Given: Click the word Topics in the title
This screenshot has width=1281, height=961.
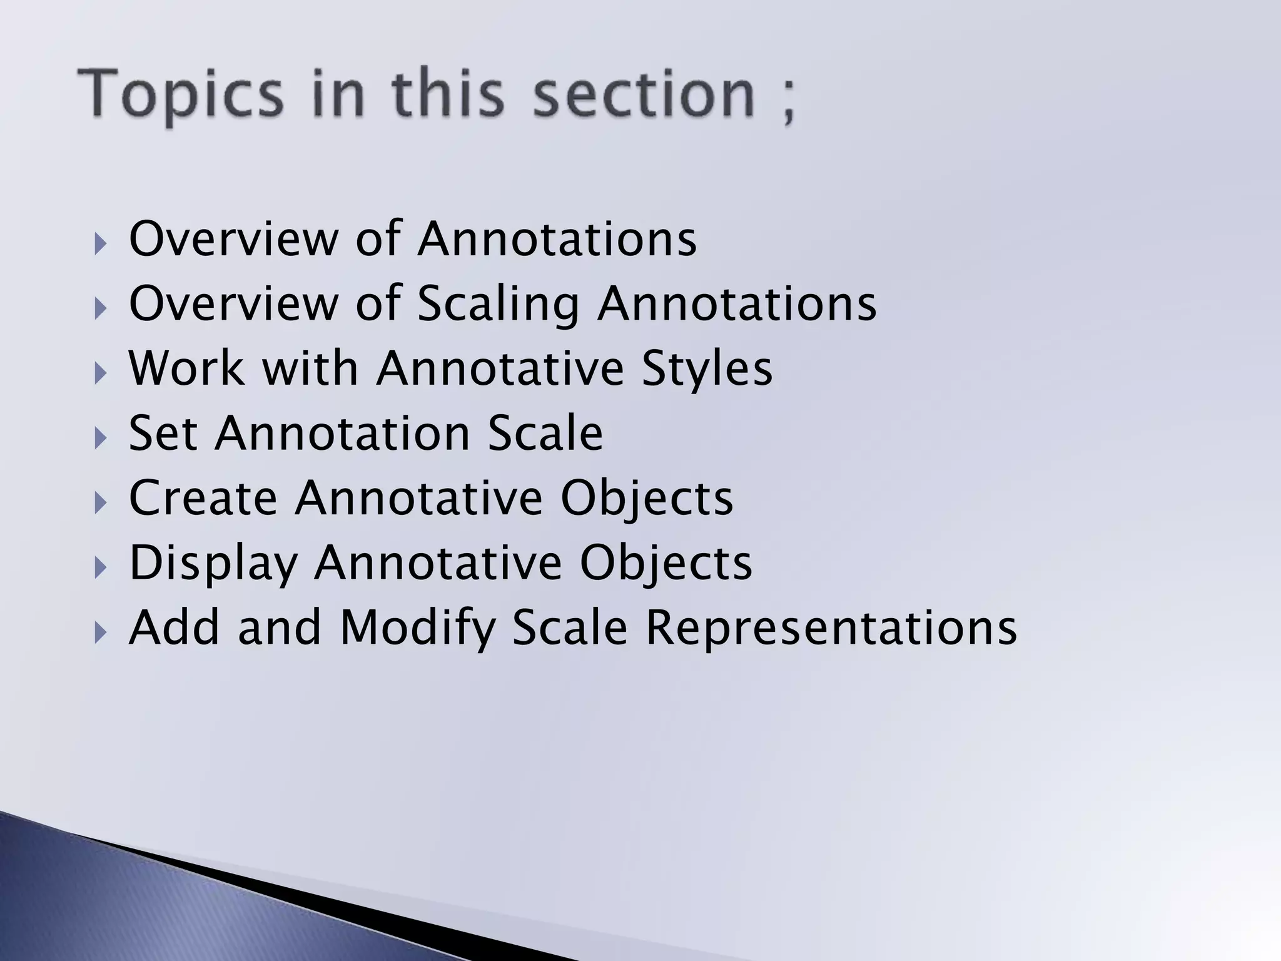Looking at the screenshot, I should click(x=181, y=96).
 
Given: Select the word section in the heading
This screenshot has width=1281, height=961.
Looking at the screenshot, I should click(x=644, y=94).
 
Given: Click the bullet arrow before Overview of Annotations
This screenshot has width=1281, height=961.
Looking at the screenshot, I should click(x=100, y=243).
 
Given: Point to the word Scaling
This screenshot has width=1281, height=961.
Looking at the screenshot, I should click(x=498, y=305).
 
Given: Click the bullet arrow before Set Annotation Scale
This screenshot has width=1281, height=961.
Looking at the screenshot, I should click(x=100, y=437).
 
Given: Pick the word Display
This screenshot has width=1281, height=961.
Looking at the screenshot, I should click(x=213, y=564).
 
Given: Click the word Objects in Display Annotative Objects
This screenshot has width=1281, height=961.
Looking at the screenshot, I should click(x=666, y=564).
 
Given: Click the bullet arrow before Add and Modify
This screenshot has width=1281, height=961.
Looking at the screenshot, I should click(x=100, y=633).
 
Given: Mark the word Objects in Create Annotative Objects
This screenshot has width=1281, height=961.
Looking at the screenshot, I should click(x=647, y=499).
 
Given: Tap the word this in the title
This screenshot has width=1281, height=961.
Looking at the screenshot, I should click(x=448, y=94).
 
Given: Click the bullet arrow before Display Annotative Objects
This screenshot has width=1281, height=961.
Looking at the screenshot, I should click(x=100, y=567).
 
